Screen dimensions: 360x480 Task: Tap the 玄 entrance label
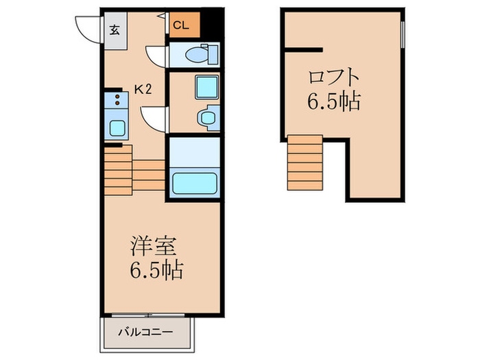point(114,30)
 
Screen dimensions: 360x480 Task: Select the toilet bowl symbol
point(204,53)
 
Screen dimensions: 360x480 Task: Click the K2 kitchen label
point(143,88)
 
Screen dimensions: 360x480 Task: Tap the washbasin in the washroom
point(206,118)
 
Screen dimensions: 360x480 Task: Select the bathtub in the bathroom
point(195,183)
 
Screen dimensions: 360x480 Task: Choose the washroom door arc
point(154,119)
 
